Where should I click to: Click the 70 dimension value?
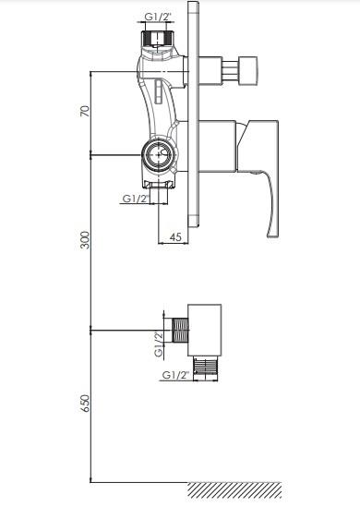pyautogui.click(x=85, y=111)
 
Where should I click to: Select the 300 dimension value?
pyautogui.click(x=85, y=240)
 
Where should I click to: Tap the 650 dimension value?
pyautogui.click(x=85, y=404)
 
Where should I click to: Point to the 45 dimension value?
pyautogui.click(x=175, y=236)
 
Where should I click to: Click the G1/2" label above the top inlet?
pyautogui.click(x=158, y=17)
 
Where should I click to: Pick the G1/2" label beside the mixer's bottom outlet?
pyautogui.click(x=136, y=199)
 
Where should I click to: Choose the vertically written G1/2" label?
pyautogui.click(x=159, y=344)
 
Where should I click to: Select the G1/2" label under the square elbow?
pyautogui.click(x=175, y=375)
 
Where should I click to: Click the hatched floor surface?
pyautogui.click(x=235, y=489)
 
